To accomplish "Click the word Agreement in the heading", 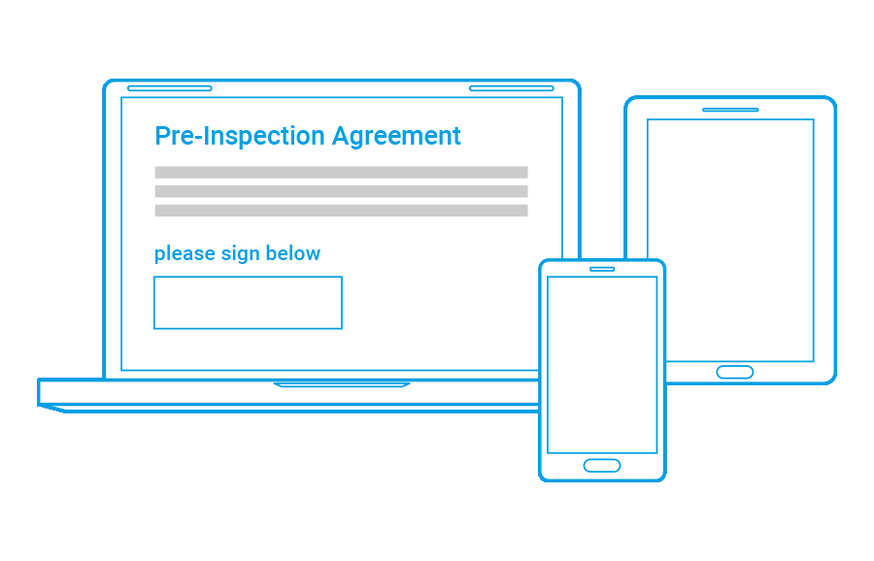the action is click(x=396, y=137).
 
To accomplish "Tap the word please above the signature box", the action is click(x=185, y=254).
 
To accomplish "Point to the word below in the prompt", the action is click(x=292, y=253).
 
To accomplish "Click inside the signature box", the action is click(x=248, y=303).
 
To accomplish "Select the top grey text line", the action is click(x=341, y=172).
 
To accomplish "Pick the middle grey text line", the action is click(x=341, y=191).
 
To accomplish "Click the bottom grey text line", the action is click(x=341, y=211).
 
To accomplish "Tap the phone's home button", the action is click(x=602, y=465).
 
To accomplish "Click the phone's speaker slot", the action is click(x=602, y=269).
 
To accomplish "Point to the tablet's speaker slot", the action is click(x=730, y=110).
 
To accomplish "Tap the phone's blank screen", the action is click(x=602, y=365).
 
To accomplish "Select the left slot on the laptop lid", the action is click(x=169, y=88).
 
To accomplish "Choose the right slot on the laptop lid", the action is click(x=512, y=88).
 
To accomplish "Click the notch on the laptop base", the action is click(x=342, y=384).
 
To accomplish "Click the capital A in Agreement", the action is click(x=341, y=135).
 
